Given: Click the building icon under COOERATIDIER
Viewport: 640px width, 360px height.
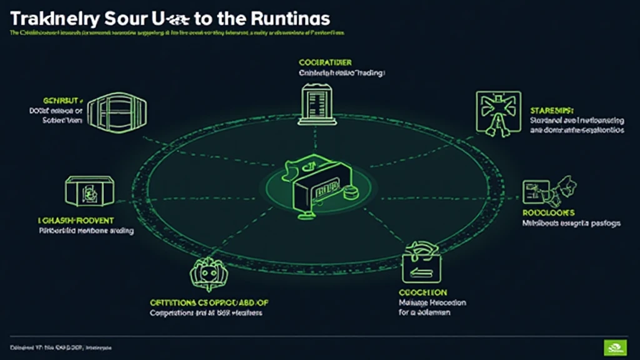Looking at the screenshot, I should click(x=314, y=102).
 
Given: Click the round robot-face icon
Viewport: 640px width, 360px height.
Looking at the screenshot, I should click(x=207, y=272).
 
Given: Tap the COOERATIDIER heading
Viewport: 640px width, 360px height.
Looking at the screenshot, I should click(x=325, y=62).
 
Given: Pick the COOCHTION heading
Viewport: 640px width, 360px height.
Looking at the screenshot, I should click(x=422, y=292).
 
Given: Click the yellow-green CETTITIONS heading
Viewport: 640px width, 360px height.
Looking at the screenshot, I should click(x=209, y=302).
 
